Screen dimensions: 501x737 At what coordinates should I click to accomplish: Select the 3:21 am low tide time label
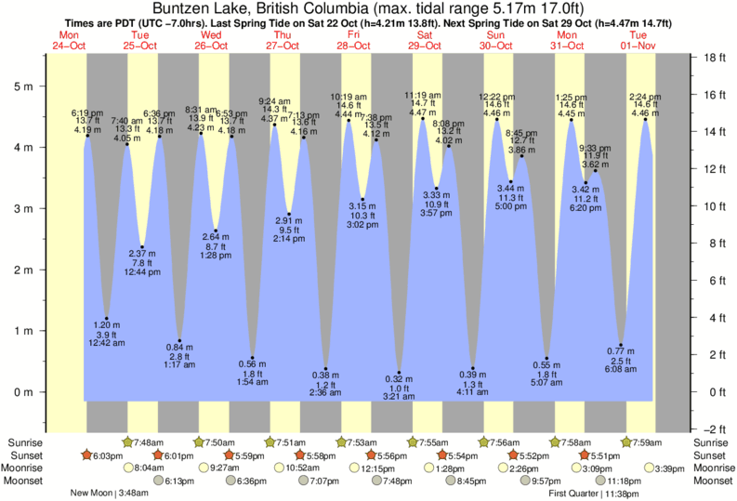pyautogui.click(x=398, y=397)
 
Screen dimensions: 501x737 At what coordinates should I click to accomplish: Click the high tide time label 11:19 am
pyautogui.click(x=421, y=95)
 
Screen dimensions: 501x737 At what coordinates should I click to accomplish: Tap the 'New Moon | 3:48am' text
pyautogui.click(x=109, y=494)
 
